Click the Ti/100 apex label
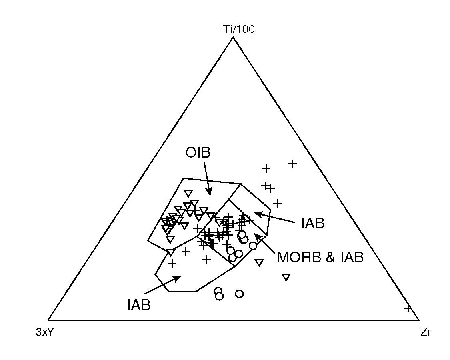239,29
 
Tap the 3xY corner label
44,332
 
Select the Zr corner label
426,332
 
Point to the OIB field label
198,153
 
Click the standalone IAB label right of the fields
313,224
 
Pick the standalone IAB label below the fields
139,305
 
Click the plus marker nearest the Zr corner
408,308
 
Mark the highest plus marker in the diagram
292,163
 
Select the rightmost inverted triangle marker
286,277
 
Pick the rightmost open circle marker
253,246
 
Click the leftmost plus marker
172,263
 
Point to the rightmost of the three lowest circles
239,294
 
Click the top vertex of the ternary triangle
233,37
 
